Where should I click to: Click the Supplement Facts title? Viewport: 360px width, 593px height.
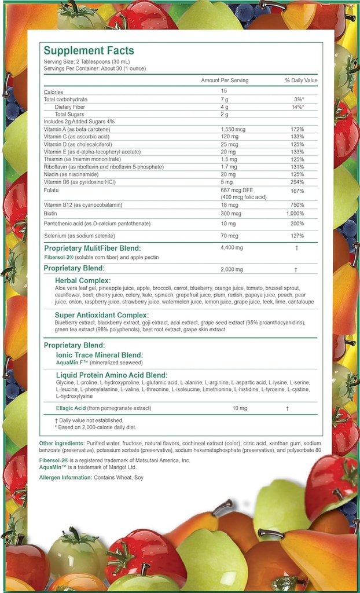coord(89,51)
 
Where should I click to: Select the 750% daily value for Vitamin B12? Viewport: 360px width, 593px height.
coord(297,204)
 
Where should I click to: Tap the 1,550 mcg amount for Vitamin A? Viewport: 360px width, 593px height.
coord(233,129)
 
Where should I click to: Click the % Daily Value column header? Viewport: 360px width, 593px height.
coord(301,80)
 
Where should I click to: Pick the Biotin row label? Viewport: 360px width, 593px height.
coord(51,213)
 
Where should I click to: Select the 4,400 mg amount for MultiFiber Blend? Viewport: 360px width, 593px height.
coord(231,248)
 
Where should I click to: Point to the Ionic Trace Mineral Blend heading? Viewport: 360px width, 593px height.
coord(99,354)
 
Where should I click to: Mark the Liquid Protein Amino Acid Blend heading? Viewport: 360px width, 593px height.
coord(112,375)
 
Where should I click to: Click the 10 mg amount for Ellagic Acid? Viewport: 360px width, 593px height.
coord(240,408)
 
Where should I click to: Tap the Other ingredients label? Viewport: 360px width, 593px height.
coord(62,443)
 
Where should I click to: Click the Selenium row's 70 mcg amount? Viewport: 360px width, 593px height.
coord(230,236)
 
